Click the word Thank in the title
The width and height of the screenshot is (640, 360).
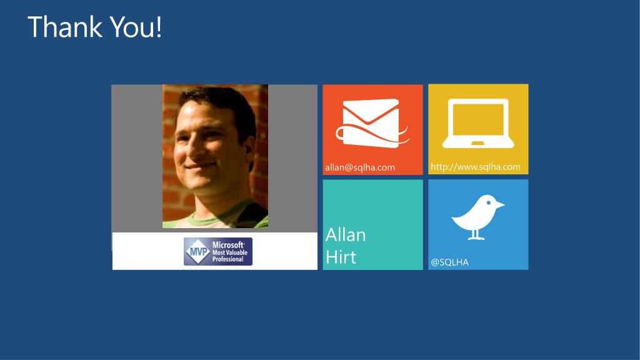pyautogui.click(x=65, y=27)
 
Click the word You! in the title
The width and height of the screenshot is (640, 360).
pyautogui.click(x=136, y=27)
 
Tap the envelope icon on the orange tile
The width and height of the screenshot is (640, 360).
pyautogui.click(x=372, y=123)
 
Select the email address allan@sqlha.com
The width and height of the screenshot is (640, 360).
pyautogui.click(x=360, y=167)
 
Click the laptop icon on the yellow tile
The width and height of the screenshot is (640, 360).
pyautogui.click(x=478, y=123)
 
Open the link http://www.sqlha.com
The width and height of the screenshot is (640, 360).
pyautogui.click(x=476, y=166)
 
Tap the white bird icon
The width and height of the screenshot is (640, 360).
pyautogui.click(x=478, y=217)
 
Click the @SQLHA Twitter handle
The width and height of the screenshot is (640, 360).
pyautogui.click(x=450, y=262)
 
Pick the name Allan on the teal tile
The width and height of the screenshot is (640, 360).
pyautogui.click(x=346, y=235)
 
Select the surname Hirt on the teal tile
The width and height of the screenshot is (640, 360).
pyautogui.click(x=341, y=257)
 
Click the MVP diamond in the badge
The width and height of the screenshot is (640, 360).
pyautogui.click(x=197, y=251)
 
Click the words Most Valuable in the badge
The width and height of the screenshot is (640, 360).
pyautogui.click(x=230, y=252)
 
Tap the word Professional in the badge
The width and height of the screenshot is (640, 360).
pyautogui.click(x=227, y=259)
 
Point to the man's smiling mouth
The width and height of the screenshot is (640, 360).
pyautogui.click(x=201, y=165)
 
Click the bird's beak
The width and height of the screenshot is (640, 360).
pyautogui.click(x=501, y=204)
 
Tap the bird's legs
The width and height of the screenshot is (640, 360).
pyautogui.click(x=476, y=235)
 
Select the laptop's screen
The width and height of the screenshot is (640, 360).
pyautogui.click(x=478, y=119)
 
